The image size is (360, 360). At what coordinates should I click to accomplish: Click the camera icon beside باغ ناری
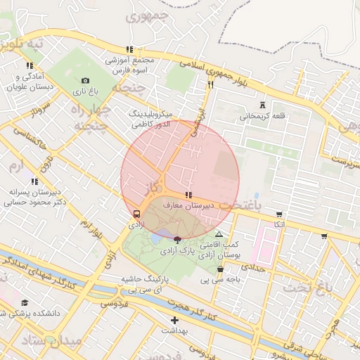(x=85, y=81)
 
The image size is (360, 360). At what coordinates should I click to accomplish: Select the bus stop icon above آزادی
(x=136, y=214)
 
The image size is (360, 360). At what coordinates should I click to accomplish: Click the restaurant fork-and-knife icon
(x=210, y=84)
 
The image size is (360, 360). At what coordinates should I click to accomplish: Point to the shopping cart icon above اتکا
(x=279, y=214)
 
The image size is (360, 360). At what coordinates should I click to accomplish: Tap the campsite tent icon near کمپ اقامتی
(x=219, y=234)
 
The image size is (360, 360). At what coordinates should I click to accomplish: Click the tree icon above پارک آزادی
(x=176, y=240)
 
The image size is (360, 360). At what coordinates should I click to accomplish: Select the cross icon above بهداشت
(x=175, y=320)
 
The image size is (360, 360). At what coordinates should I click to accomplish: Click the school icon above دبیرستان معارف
(x=188, y=195)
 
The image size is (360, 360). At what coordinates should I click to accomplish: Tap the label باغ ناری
(x=85, y=92)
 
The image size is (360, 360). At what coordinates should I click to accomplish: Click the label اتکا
(x=279, y=224)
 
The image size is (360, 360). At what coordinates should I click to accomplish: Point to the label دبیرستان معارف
(x=182, y=205)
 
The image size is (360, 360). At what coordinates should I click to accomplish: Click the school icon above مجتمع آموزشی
(x=129, y=49)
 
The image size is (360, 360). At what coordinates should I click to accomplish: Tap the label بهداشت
(x=175, y=330)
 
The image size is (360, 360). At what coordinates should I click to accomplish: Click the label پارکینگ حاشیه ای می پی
(x=148, y=284)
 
